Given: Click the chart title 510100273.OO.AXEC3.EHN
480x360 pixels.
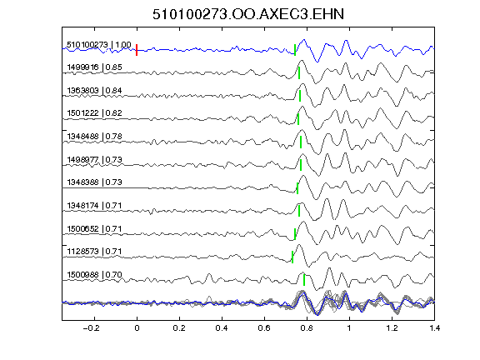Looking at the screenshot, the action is (248, 14).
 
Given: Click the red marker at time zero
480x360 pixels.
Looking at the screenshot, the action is (137, 50).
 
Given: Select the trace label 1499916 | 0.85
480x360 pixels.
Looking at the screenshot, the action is (95, 67).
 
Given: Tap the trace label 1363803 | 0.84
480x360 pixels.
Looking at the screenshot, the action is (95, 91).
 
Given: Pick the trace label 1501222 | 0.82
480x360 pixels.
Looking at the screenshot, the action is (95, 113).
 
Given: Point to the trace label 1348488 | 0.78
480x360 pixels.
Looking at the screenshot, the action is (95, 136).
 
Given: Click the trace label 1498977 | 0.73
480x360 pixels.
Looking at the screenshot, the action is (95, 159).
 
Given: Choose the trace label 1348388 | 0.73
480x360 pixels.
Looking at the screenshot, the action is (95, 182).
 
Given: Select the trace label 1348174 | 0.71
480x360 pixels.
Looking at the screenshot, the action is (95, 205).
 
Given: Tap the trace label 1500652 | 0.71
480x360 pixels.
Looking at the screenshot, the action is (95, 228).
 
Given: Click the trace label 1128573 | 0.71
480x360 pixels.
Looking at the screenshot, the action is (95, 252).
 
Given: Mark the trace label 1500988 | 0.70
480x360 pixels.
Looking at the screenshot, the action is (95, 275).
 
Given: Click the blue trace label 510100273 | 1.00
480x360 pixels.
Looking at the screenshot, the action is (99, 45).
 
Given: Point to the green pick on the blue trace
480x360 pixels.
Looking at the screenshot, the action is (295, 50).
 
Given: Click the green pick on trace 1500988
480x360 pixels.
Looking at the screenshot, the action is (304, 280).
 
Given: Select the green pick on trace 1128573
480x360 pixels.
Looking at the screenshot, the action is (292, 257).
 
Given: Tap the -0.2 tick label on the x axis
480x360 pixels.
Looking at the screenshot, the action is (92, 328).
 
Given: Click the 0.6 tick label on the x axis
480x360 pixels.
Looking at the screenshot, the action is (264, 328).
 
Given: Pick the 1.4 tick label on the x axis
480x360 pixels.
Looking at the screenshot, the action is (434, 328).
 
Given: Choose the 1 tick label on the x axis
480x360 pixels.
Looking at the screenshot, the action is (349, 328).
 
